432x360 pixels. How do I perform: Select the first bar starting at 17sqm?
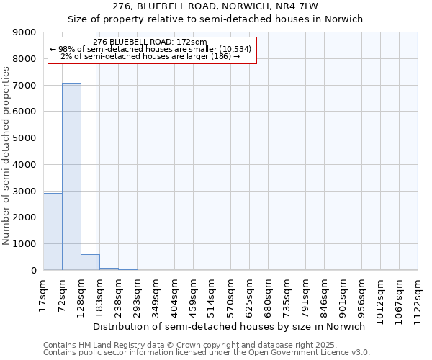point(53,231)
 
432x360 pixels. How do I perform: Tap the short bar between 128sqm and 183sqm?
point(90,262)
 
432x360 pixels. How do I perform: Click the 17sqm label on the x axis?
point(44,293)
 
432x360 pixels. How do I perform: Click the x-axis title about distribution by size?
point(229,326)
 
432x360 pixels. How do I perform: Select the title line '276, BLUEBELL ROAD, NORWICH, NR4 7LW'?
point(215,6)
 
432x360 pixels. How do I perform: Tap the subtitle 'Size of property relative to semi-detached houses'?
point(215,19)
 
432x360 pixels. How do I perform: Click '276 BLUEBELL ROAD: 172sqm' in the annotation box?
point(150,42)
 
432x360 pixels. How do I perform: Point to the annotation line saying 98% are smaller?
point(150,49)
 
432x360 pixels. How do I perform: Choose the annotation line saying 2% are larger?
point(150,56)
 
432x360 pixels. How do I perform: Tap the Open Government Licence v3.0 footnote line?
point(207,353)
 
